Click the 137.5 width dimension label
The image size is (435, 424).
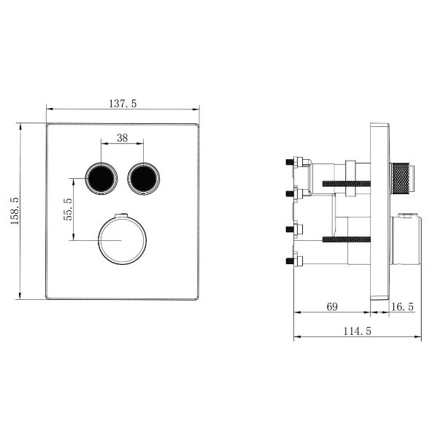[123, 104]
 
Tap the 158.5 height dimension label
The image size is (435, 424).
[14, 211]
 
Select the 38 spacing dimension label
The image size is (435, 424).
[122, 137]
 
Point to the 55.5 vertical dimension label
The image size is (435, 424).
[68, 209]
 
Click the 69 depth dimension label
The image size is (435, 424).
[332, 307]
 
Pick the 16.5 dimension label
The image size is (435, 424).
[402, 307]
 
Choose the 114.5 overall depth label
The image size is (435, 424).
[358, 331]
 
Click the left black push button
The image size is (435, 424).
[101, 179]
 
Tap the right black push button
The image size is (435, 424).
[144, 179]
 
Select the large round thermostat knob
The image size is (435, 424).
[123, 240]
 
